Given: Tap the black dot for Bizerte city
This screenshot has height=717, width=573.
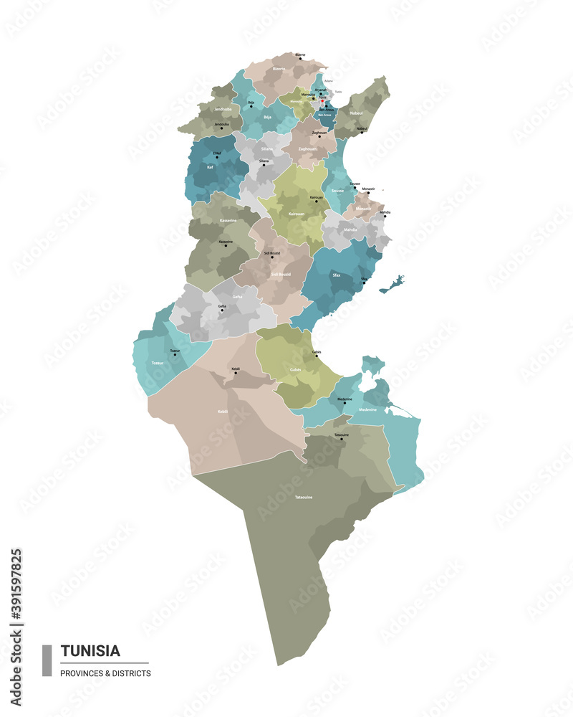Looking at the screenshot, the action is pos(301,58).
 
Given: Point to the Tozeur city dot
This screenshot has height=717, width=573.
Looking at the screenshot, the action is pos(175,355).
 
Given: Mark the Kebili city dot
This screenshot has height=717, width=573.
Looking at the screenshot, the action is pos(236,374).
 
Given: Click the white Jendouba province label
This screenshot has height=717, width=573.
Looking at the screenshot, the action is pos(223,109).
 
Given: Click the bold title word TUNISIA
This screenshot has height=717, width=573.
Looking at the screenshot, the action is pos(90,651).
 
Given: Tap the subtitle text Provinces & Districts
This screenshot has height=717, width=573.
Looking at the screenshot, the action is pos(105,673).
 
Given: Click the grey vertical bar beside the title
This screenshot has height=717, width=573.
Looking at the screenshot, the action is pos(47,660).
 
